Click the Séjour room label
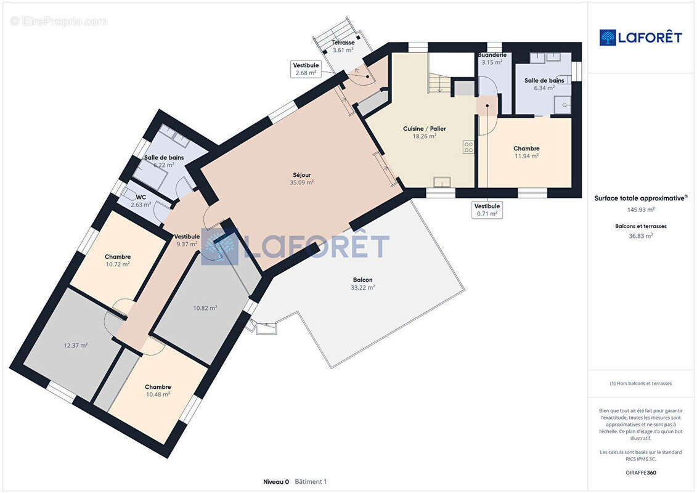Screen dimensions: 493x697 point(302,174)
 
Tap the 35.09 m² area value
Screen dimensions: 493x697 point(302,182)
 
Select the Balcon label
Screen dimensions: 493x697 point(362,280)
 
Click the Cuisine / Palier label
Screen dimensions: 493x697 point(424,129)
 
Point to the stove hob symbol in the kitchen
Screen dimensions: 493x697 point(468,147)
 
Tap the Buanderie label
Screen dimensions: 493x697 point(492,55)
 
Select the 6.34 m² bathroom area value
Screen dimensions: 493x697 point(544,88)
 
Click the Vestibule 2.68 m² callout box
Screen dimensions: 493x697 point(306,69)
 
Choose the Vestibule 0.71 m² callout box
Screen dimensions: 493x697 point(487,210)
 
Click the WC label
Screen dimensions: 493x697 point(141,197)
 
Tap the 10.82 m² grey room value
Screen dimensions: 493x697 point(205,308)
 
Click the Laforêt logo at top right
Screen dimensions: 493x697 point(641,37)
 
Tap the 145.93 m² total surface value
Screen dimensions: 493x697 point(641,210)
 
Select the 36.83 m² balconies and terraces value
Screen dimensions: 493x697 point(641,235)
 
